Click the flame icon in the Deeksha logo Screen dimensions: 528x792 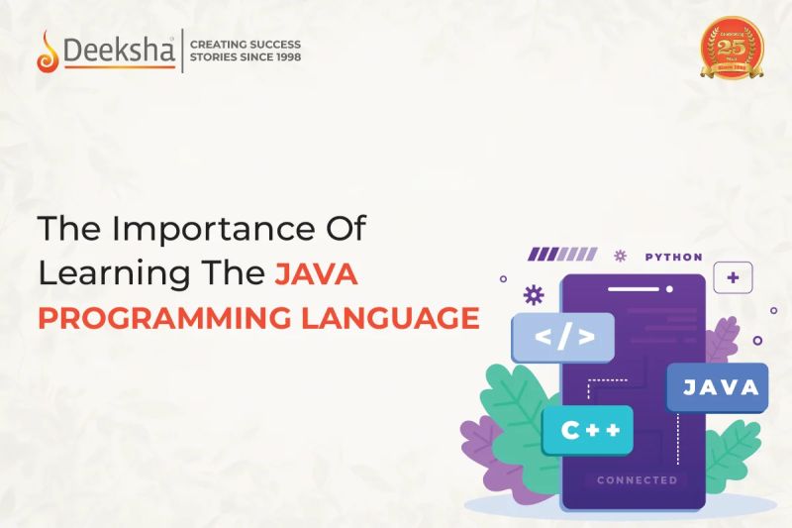pyautogui.click(x=46, y=52)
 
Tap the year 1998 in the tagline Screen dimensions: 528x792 pyautogui.click(x=284, y=57)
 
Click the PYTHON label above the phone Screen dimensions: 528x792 pyautogui.click(x=673, y=257)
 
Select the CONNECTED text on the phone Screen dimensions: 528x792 pyautogui.click(x=637, y=480)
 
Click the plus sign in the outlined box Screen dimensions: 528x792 pyautogui.click(x=733, y=278)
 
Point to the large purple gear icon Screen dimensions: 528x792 pyautogui.click(x=534, y=293)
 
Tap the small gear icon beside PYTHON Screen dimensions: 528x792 pyautogui.click(x=621, y=256)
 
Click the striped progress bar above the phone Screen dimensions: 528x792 pyautogui.click(x=561, y=255)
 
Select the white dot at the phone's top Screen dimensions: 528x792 pyautogui.click(x=671, y=289)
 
